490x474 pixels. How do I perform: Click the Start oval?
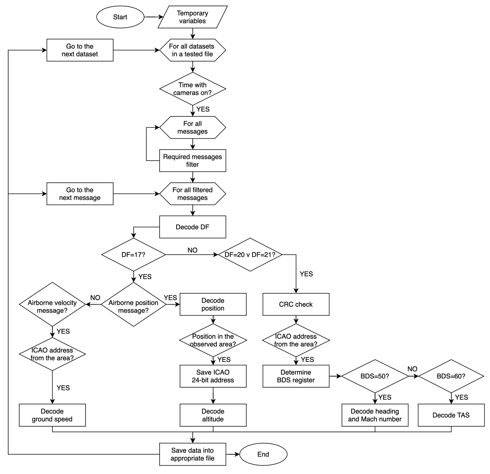pos(120,17)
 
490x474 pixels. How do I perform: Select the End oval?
pos(263,454)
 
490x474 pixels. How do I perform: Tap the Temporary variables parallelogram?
pos(193,17)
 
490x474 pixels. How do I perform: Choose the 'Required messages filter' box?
pos(193,160)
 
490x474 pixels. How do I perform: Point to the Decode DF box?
pos(193,227)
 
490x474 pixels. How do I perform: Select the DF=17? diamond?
pos(134,255)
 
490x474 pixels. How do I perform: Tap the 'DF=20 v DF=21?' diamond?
pos(250,255)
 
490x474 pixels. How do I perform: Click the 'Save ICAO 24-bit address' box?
pos(213,376)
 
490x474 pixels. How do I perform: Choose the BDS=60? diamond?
pos(451,376)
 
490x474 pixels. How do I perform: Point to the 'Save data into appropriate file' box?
pos(193,454)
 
